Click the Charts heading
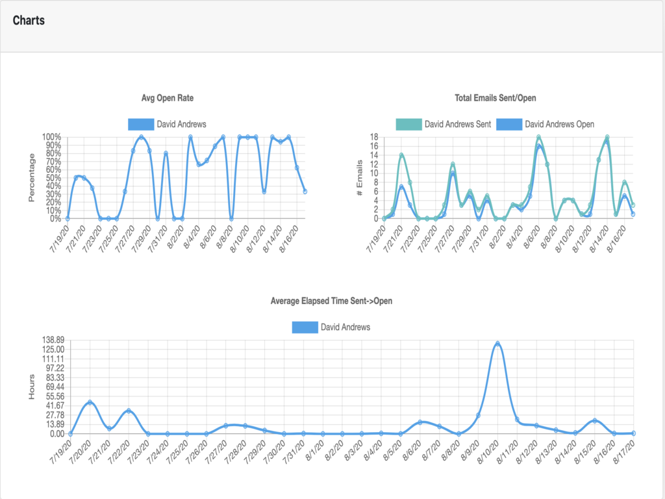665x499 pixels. [x=29, y=20]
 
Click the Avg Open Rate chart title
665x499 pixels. [x=168, y=98]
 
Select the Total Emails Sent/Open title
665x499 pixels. [x=496, y=98]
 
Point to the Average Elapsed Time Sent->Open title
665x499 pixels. [x=331, y=301]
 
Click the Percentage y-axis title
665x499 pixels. [x=31, y=177]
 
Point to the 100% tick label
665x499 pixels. [x=51, y=137]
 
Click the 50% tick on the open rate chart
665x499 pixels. [x=53, y=177]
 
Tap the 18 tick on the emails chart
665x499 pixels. [x=373, y=137]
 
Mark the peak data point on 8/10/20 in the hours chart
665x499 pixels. [x=497, y=344]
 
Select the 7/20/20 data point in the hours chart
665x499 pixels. [x=90, y=402]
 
